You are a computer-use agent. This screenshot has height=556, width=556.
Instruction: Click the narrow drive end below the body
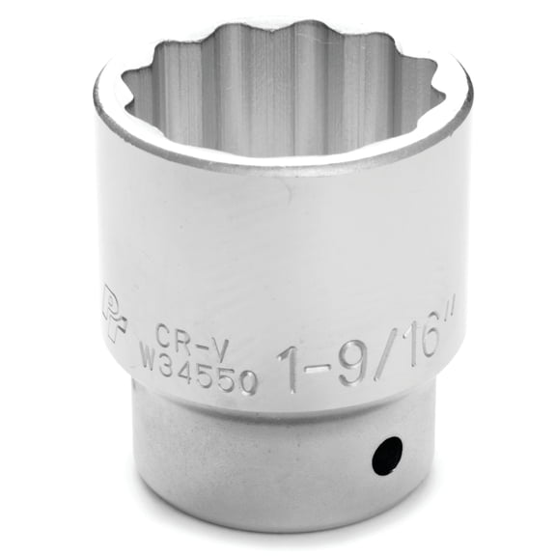click(x=280, y=463)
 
